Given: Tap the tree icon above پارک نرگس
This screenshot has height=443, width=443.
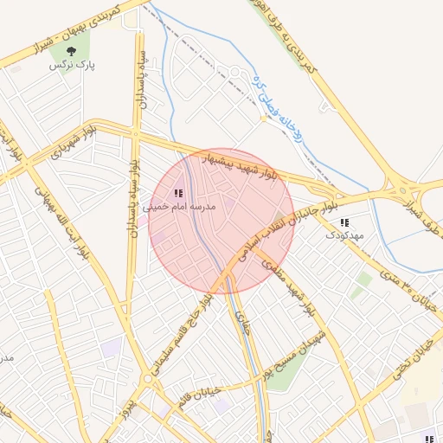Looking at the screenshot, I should pos(83,51).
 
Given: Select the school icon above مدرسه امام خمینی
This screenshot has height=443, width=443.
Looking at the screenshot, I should pos(178,194).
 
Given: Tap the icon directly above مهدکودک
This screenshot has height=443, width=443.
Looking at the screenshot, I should pos(345,222).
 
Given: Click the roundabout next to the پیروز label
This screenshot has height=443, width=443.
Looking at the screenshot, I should pos(148,379).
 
